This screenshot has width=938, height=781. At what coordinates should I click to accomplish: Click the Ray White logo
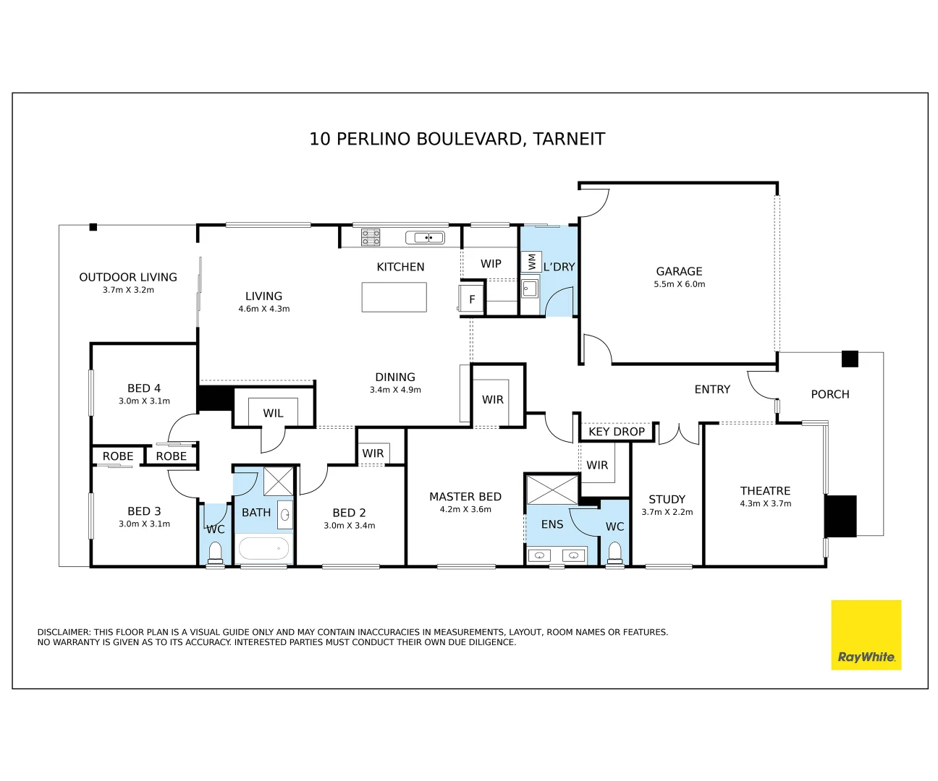click(x=866, y=635)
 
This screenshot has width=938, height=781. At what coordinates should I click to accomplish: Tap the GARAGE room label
click(x=679, y=271)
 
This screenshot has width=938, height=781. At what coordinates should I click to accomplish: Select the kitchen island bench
click(x=394, y=296)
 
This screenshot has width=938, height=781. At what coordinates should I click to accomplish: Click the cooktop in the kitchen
click(x=371, y=237)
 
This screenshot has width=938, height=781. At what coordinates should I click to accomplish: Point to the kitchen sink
click(x=425, y=237)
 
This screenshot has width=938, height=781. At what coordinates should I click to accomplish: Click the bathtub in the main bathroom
click(x=263, y=548)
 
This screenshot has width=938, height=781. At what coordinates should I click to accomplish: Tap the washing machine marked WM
click(x=531, y=262)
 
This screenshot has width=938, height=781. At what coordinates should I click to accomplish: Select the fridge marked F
click(x=472, y=299)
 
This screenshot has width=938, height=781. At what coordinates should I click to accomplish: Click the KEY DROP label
click(x=617, y=431)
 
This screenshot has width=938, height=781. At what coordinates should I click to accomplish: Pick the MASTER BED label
click(x=465, y=496)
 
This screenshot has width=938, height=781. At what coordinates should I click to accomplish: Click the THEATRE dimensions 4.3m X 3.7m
click(x=766, y=503)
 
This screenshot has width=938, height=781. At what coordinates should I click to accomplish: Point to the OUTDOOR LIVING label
click(x=128, y=277)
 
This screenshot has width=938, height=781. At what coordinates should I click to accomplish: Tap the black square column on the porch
click(x=850, y=359)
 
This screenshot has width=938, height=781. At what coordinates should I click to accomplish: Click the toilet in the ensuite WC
click(x=614, y=552)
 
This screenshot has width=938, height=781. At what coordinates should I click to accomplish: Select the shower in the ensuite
click(x=552, y=490)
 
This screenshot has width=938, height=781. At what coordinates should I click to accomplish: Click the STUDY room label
click(x=667, y=499)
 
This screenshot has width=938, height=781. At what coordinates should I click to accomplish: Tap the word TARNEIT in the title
click(x=569, y=139)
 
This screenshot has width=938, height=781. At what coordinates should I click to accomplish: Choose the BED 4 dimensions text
click(x=144, y=401)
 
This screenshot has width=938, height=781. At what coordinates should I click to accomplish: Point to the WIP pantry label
click(x=491, y=263)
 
